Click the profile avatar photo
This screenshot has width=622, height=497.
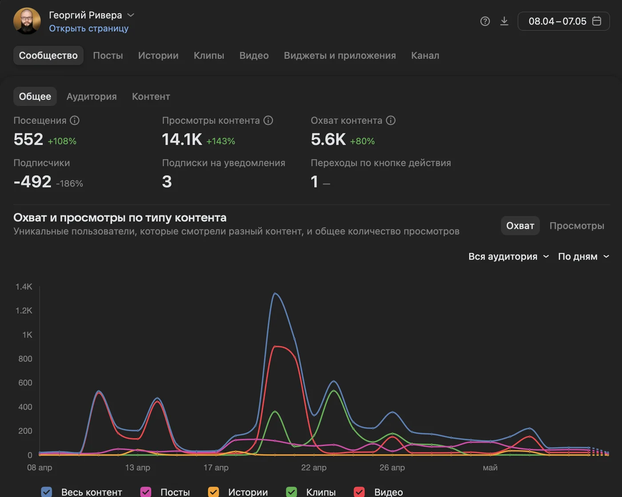(x=27, y=21)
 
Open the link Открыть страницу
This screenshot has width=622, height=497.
(x=88, y=28)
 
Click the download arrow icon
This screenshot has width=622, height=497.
(x=504, y=21)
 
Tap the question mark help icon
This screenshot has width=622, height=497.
(x=485, y=21)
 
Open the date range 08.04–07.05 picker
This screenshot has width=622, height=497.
(x=564, y=21)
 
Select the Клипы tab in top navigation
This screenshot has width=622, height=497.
(x=209, y=56)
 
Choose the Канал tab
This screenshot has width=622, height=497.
(x=425, y=56)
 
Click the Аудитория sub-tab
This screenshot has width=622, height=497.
(x=92, y=96)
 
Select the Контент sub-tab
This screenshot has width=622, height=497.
(x=151, y=96)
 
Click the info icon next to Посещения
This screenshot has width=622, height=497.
(x=75, y=120)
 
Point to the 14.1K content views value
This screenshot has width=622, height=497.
(x=182, y=139)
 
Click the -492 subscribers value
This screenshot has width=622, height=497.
(x=32, y=182)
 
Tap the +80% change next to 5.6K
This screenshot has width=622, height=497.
(x=362, y=141)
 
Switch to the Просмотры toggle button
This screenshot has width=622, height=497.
(x=577, y=226)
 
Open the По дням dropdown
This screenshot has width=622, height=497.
(x=583, y=257)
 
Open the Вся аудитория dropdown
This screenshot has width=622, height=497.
(x=508, y=257)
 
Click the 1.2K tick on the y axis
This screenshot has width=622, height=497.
(x=24, y=310)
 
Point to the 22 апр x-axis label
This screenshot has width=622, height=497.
(x=314, y=468)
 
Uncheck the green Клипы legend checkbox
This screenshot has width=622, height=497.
(x=291, y=492)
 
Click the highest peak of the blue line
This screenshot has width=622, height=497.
(x=275, y=294)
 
